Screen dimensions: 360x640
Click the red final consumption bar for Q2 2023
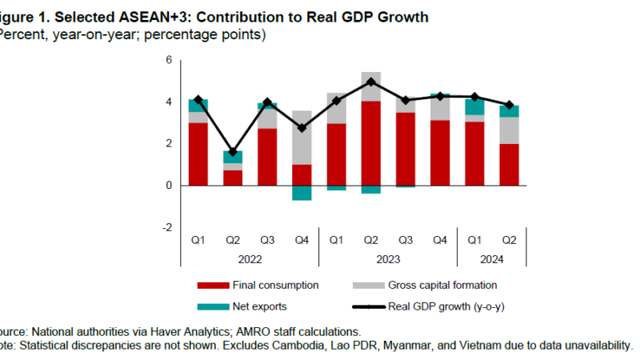tap(370, 144)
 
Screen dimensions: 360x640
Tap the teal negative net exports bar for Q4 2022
tap(302, 193)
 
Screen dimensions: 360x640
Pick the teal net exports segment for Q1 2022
tap(198, 105)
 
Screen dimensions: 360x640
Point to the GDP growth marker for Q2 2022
tap(233, 152)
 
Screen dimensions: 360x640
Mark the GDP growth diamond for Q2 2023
tap(370, 82)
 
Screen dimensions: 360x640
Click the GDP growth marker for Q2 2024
tap(509, 105)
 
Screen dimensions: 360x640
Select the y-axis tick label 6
tap(169, 60)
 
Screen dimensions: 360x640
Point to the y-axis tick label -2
tap(167, 227)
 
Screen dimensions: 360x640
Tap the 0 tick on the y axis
tap(169, 186)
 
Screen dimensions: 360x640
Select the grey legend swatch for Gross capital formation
tap(367, 285)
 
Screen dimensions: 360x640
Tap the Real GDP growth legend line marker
tap(367, 306)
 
